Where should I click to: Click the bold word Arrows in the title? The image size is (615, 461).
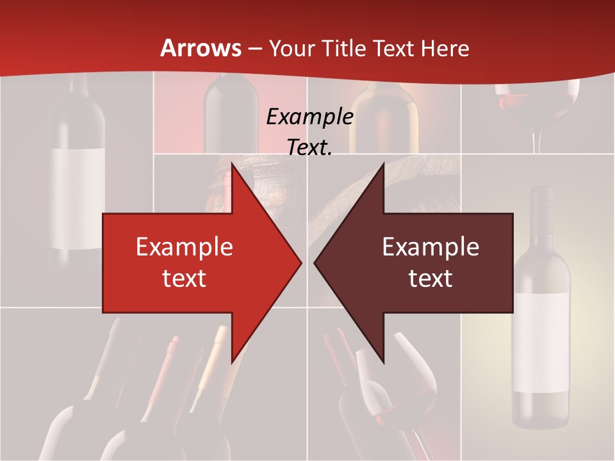coord(201,48)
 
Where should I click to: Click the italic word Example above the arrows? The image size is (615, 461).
coord(309,117)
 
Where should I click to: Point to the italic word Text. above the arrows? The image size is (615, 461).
coord(309,147)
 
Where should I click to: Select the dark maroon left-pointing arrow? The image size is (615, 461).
coord(423,263)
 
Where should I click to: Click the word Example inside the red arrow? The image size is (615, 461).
coord(184,247)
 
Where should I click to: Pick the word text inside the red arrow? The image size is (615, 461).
coord(184,278)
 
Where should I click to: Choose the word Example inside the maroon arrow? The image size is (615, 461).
coord(430,247)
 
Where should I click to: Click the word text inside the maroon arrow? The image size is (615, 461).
coord(430,278)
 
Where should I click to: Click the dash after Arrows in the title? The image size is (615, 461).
coord(254,49)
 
